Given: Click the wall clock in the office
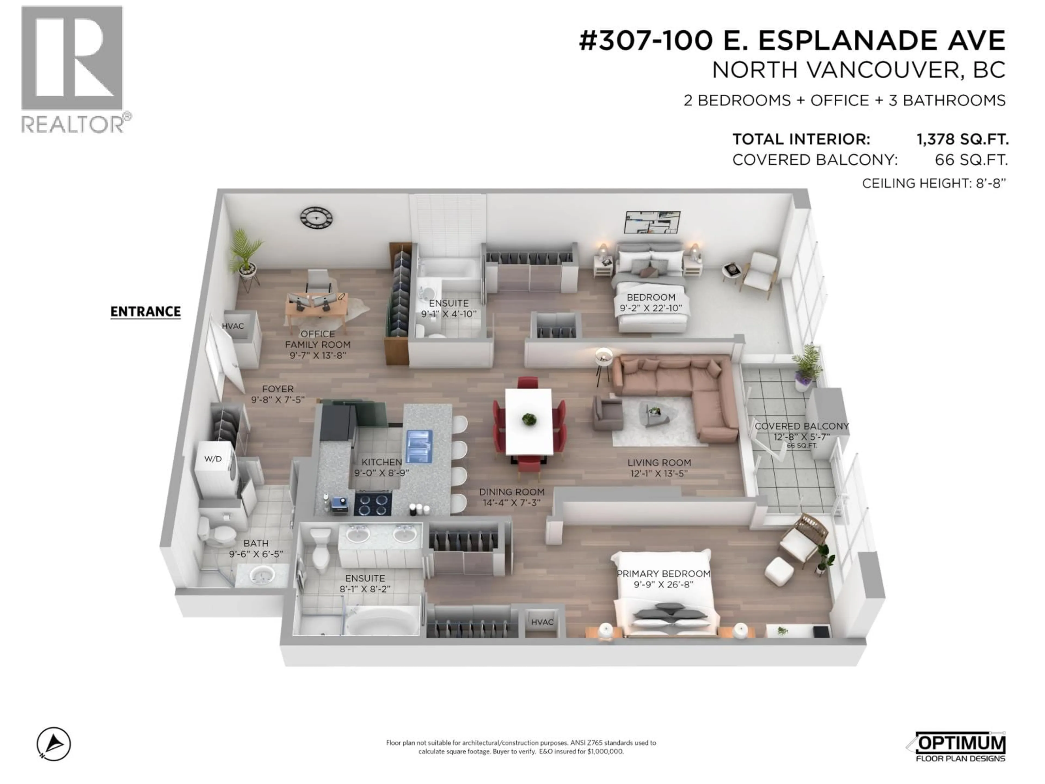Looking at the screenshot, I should coord(316,218).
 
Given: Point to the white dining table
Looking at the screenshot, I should coord(529,421).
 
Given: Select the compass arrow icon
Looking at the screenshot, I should coord(54,744).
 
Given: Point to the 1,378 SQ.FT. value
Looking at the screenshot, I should coord(962,139).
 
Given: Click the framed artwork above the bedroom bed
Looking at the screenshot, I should coord(652,223).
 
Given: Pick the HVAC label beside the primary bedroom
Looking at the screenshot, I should coord(542,622).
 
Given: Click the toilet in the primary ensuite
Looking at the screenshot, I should coord(321,550).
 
